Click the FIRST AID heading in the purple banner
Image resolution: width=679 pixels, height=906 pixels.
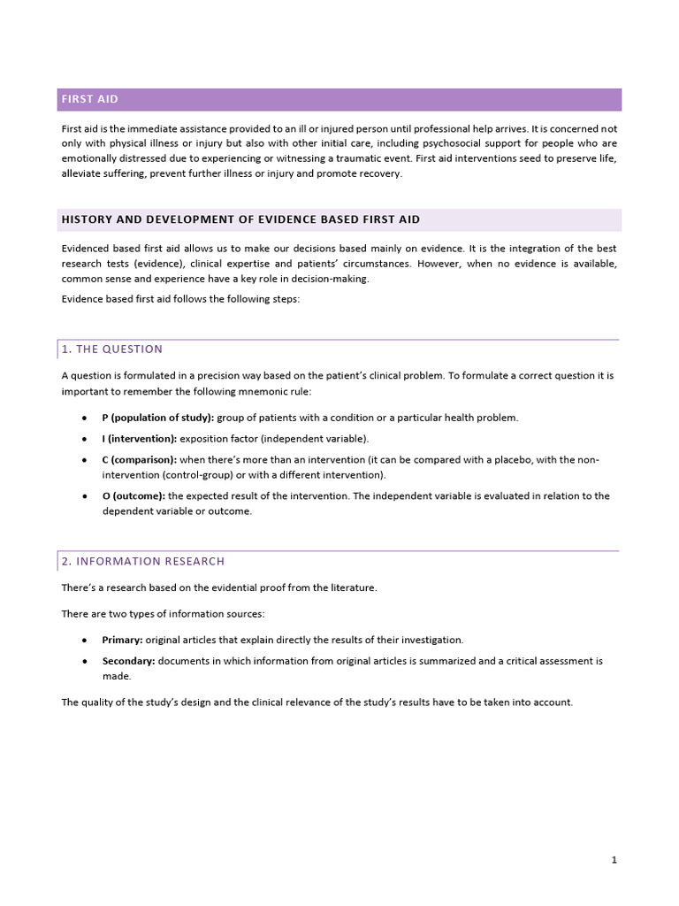(89, 99)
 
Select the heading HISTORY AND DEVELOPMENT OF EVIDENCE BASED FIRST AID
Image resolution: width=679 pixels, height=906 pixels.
(240, 219)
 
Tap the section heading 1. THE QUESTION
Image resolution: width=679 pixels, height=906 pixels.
(112, 349)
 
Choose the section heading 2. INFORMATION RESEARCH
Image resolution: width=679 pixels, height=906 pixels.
(143, 562)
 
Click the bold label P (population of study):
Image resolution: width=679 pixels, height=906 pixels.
(157, 418)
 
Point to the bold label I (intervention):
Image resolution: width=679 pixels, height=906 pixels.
(140, 439)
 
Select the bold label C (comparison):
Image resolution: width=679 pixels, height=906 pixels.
(140, 460)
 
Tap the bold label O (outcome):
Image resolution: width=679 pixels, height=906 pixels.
(134, 496)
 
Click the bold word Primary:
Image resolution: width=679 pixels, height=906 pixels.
(122, 640)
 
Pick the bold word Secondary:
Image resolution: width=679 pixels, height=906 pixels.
(129, 661)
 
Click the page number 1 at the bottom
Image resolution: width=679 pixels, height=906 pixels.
(614, 860)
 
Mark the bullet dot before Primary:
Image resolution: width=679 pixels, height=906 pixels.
(83, 640)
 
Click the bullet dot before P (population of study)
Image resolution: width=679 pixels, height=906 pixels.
(83, 418)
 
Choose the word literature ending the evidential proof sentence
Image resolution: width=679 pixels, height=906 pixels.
(353, 588)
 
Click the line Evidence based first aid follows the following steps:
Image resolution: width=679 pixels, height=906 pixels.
(180, 299)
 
